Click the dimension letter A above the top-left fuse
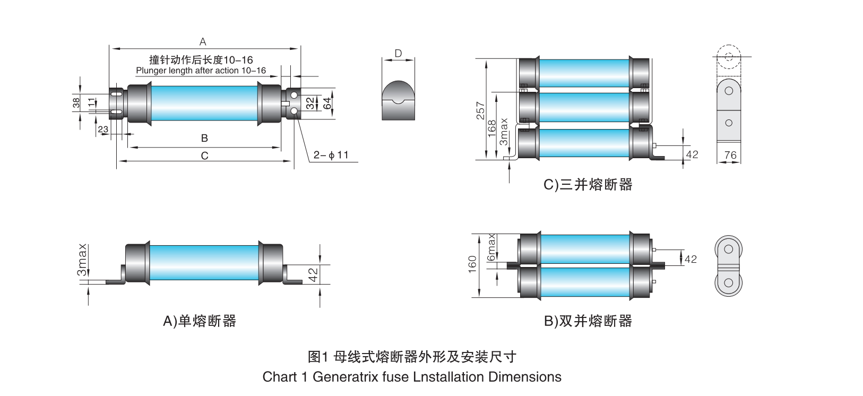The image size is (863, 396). (203, 41)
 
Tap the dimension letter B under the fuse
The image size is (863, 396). (204, 138)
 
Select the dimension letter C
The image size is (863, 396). (204, 156)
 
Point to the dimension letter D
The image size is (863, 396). (398, 53)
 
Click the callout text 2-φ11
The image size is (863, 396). (331, 155)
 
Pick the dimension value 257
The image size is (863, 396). (481, 110)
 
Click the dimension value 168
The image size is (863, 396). (492, 128)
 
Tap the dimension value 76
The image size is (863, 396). (730, 155)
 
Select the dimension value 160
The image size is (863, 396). (472, 264)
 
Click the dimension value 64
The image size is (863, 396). (327, 103)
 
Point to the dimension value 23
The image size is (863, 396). (103, 129)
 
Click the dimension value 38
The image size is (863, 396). (76, 102)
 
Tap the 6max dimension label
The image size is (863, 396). (491, 247)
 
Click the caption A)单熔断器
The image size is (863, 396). (200, 321)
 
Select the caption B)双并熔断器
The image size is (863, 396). (588, 321)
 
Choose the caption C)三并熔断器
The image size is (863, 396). (588, 185)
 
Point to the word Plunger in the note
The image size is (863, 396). (151, 71)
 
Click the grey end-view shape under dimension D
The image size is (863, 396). (398, 100)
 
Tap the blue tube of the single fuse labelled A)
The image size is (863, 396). (204, 262)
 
